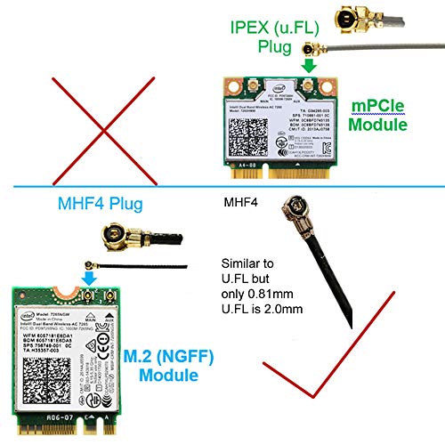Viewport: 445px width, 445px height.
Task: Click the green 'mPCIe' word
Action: (380, 107)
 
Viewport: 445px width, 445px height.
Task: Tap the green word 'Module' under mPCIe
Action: (381, 126)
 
